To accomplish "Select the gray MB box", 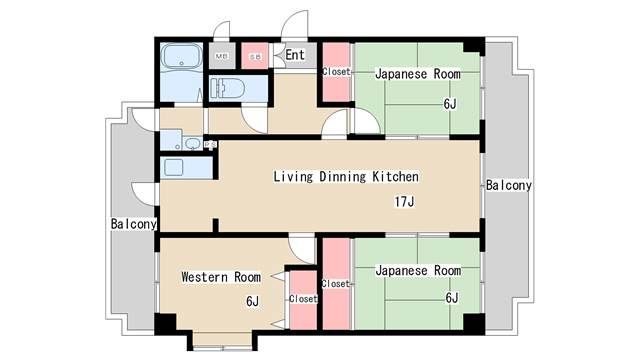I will pos(222,56).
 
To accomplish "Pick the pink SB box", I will pos(255,56).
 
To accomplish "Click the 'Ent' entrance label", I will pos(295,54).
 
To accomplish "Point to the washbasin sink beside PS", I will pos(191,144).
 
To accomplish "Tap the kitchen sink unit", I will pos(187,167).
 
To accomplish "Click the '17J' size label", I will pos(404,202).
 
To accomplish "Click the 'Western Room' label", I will pos(221,277).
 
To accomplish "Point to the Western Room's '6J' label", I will pos(252,301).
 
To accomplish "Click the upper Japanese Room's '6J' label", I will pos(450,103).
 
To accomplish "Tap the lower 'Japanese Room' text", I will pos(418,271).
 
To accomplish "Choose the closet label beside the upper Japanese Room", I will pos(336,71).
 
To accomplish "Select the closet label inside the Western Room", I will pos(303,298).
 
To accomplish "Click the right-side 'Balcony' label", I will pos(509,185).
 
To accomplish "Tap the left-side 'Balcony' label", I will pos(133,224).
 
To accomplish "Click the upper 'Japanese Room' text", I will pos(418,74).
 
